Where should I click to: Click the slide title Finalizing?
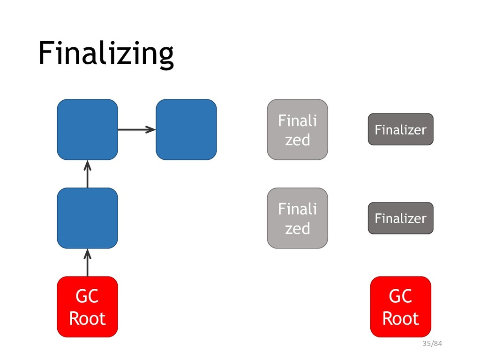[106, 54]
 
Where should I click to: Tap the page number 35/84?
[432, 344]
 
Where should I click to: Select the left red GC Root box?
[88, 307]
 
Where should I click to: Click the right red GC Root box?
[401, 307]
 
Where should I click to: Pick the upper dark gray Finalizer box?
[401, 129]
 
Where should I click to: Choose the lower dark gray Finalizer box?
[401, 218]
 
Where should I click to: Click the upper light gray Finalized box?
[298, 129]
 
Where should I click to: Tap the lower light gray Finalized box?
[298, 218]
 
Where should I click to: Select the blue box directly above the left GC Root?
[88, 218]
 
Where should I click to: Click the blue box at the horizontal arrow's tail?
[88, 129]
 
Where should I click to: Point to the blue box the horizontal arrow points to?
[187, 129]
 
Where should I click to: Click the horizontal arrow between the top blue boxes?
[137, 129]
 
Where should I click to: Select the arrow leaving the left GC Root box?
[88, 262]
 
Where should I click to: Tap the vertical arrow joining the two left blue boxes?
[88, 174]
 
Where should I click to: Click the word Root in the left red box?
[88, 318]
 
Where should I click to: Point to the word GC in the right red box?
[401, 296]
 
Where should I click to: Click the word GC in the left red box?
[87, 296]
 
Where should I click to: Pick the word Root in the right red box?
[401, 318]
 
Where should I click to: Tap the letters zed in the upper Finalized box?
[298, 140]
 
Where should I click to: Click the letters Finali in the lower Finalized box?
[298, 209]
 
